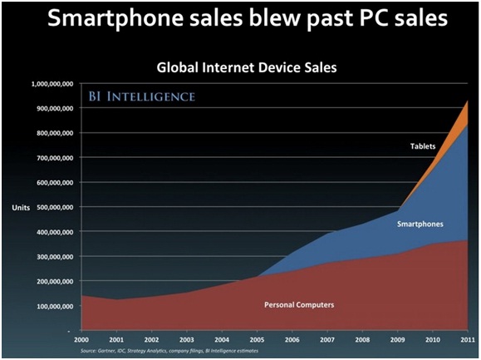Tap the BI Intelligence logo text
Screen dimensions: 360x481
[142, 97]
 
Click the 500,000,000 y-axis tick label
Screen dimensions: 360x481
[57, 207]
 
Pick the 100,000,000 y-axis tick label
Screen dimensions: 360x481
[57, 306]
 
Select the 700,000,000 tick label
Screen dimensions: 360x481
[57, 158]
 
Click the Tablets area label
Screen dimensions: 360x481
[422, 147]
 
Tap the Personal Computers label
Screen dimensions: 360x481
[299, 305]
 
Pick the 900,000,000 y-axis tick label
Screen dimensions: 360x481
[57, 108]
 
